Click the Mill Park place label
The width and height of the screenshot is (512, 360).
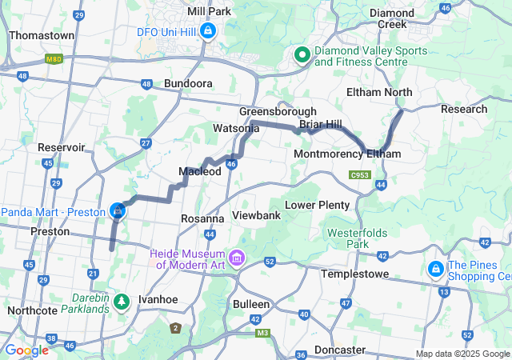coord(208,11)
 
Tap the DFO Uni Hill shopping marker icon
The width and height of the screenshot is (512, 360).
coord(208,31)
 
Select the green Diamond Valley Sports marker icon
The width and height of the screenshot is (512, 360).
coord(302,55)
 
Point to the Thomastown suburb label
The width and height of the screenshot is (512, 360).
coord(41,36)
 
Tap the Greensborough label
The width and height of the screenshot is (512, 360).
coord(278,111)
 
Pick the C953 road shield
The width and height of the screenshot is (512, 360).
coord(359,174)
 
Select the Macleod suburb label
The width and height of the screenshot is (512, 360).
coord(199,172)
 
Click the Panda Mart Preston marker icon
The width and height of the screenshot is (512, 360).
coord(118,210)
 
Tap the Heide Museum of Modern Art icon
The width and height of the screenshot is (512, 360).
coord(236,258)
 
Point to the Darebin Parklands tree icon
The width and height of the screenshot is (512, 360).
coord(121,302)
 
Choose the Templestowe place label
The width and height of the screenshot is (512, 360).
coord(354,274)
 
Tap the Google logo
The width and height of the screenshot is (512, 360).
coord(26,350)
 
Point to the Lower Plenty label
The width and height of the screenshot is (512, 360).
coord(318,205)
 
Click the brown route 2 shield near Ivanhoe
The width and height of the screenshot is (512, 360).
coord(175,327)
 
